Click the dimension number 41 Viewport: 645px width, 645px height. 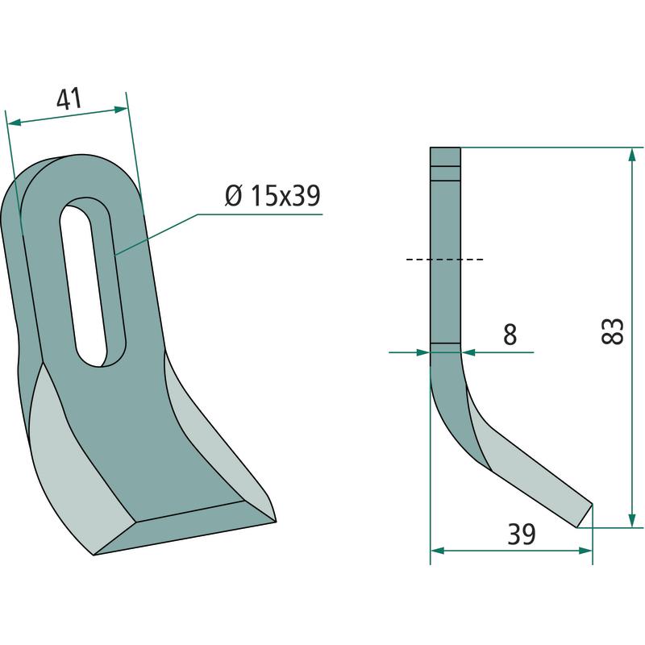[69, 99]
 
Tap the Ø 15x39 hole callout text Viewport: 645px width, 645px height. [273, 196]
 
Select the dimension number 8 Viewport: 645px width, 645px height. [510, 334]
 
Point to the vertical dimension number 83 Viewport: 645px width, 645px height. [613, 331]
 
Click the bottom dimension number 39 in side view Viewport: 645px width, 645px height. [521, 534]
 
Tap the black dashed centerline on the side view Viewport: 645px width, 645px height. [445, 260]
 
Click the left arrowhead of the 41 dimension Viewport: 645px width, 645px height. [14, 123]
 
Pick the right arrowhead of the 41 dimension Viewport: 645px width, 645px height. [120, 110]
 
